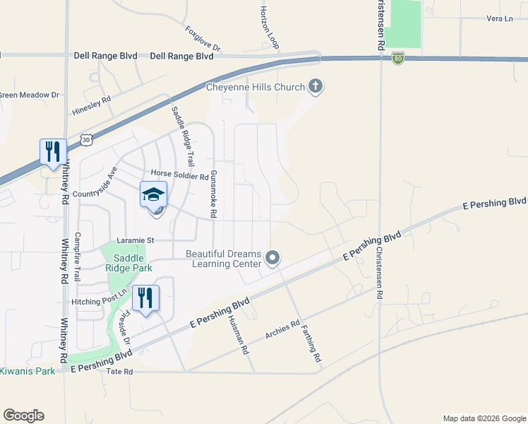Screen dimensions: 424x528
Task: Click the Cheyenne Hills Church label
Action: pyautogui.click(x=256, y=88)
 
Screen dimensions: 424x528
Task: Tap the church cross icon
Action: pyautogui.click(x=316, y=87)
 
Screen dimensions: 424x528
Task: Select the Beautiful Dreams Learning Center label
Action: pyautogui.click(x=224, y=259)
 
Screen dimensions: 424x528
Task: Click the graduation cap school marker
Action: pyautogui.click(x=153, y=194)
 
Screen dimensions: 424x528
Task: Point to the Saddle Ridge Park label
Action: pyautogui.click(x=125, y=262)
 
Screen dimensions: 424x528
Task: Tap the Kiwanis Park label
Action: pyautogui.click(x=27, y=371)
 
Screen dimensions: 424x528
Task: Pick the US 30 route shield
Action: pyautogui.click(x=86, y=140)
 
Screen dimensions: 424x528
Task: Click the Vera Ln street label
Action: pyautogui.click(x=499, y=18)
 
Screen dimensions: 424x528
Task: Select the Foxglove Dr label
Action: pyautogui.click(x=203, y=39)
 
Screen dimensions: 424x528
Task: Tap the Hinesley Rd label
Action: pyautogui.click(x=92, y=106)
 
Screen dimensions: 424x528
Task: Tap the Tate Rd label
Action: pyautogui.click(x=119, y=372)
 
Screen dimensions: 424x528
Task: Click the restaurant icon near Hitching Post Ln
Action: pyautogui.click(x=145, y=298)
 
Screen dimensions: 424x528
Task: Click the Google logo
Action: pyautogui.click(x=23, y=416)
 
